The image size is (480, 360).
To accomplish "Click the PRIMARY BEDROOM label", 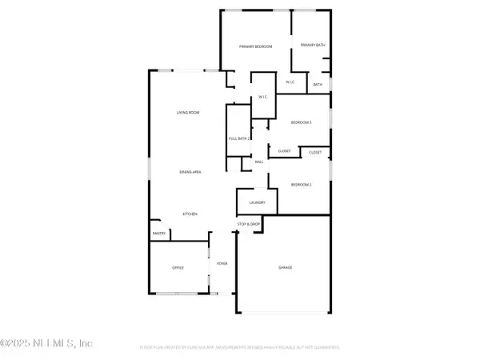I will tap(256, 47).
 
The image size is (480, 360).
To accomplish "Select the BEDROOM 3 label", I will tap(301, 122).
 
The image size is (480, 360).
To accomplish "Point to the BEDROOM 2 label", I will tap(301, 185).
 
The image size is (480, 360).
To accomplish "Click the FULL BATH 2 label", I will tap(240, 138).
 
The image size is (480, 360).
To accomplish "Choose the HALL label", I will tap(259, 162).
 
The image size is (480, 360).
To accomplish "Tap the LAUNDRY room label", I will tap(257, 202).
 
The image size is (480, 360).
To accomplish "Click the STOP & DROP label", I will tap(250, 224).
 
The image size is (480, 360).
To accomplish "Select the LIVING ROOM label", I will tap(188, 113).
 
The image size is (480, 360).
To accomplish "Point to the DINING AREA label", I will tap(189, 172).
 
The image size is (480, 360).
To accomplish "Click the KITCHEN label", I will tap(190, 214).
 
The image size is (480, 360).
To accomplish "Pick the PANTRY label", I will tap(158, 234).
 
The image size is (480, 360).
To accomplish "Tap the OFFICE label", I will tap(179, 267).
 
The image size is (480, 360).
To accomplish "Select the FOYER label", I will tap(223, 264).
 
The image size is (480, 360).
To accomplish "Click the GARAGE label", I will tap(285, 267).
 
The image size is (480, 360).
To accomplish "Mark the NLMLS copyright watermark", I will tap(48, 343).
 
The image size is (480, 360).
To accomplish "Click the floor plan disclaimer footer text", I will tap(240, 347).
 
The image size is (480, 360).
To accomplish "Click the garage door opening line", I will tap(284, 312).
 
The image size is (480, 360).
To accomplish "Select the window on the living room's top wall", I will tap(190, 70).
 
